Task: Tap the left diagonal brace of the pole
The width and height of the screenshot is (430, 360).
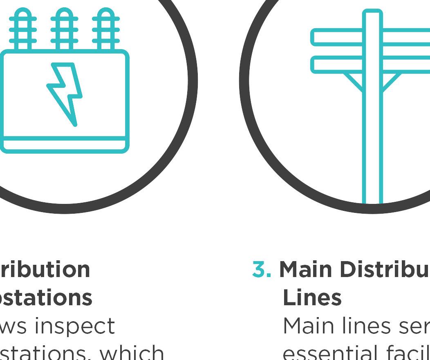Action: coord(354,82)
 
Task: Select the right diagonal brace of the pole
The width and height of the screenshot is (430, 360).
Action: coord(391,82)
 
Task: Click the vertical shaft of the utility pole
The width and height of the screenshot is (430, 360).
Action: coord(372,135)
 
